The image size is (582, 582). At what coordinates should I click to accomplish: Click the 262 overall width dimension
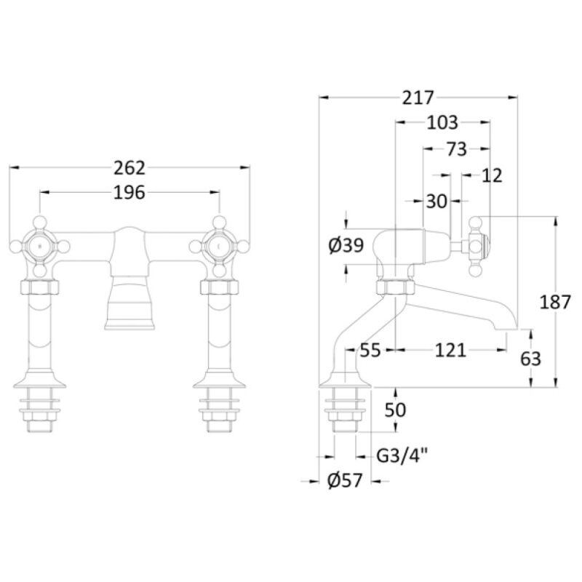pyautogui.click(x=129, y=168)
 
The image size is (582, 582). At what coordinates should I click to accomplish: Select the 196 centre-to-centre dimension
pyautogui.click(x=129, y=193)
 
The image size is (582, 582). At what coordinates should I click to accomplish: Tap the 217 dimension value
pyautogui.click(x=418, y=98)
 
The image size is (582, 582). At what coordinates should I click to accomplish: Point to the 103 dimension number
pyautogui.click(x=442, y=122)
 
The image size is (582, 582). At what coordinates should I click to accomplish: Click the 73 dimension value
pyautogui.click(x=457, y=150)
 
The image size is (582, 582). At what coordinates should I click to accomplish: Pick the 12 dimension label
pyautogui.click(x=492, y=175)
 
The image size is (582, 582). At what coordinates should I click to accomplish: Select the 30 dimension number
pyautogui.click(x=436, y=202)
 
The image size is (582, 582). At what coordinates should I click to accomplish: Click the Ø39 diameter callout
pyautogui.click(x=346, y=245)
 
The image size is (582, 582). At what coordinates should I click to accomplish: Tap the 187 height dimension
pyautogui.click(x=555, y=302)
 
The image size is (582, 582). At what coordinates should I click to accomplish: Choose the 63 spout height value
pyautogui.click(x=531, y=359)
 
